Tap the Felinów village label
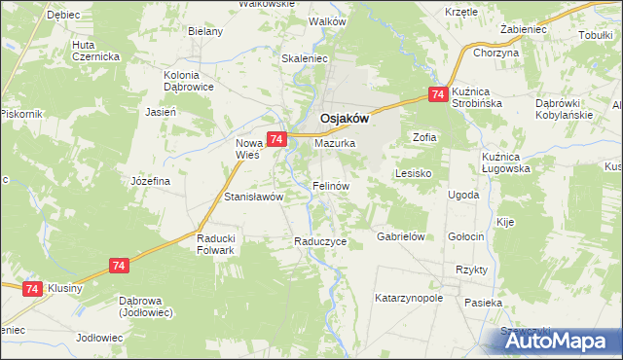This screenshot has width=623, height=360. point(331,185)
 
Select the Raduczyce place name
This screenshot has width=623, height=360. point(320,241)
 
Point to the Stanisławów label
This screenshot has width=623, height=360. point(253,197)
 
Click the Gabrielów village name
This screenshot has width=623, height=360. point(403,236)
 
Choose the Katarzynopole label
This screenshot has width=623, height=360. point(409,298)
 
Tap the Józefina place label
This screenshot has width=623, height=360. point(151,181)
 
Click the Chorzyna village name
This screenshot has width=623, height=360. point(496,53)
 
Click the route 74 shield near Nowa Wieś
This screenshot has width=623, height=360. point(276,140)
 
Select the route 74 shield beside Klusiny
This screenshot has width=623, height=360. point(32,289)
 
